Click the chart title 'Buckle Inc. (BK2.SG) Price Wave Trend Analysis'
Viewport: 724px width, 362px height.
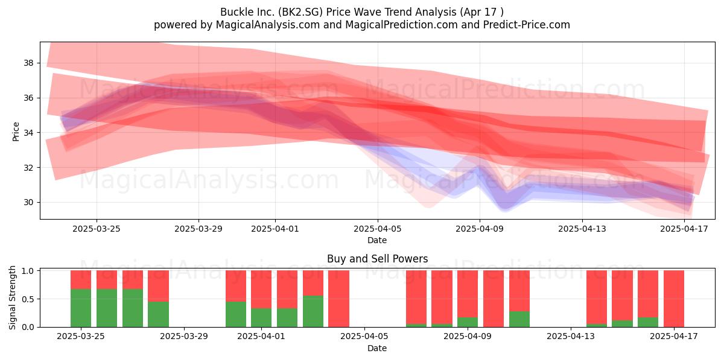click(338, 12)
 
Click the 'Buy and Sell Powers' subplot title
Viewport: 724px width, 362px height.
click(377, 259)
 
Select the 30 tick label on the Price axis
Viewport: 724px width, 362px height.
click(29, 202)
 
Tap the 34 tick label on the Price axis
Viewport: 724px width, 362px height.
click(29, 133)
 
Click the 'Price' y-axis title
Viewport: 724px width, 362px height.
click(16, 132)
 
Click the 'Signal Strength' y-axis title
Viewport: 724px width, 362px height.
click(12, 297)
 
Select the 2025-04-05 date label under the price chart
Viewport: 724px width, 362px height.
click(377, 229)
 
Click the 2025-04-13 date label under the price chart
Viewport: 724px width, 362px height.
click(582, 229)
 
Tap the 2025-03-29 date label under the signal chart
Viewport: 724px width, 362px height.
click(184, 336)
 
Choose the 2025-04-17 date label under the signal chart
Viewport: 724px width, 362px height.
click(674, 336)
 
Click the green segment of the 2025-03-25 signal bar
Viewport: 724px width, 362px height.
click(81, 308)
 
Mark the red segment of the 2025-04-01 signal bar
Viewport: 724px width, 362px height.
click(261, 289)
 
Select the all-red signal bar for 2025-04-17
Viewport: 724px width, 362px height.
click(673, 299)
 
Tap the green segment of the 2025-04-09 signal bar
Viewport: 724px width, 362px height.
click(468, 322)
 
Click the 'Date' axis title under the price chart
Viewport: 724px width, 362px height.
click(377, 240)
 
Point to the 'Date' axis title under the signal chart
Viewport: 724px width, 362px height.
click(377, 348)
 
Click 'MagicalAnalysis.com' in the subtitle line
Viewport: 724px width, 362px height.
click(268, 25)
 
